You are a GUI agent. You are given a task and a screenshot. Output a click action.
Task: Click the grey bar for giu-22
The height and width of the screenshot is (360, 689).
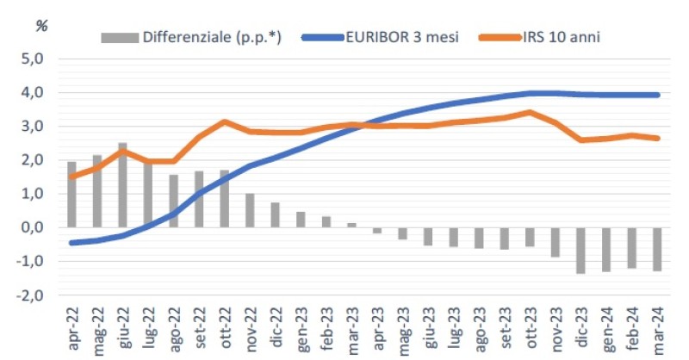[x=122, y=185]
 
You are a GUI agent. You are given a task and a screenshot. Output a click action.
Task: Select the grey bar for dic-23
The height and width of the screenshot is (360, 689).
[x=580, y=251]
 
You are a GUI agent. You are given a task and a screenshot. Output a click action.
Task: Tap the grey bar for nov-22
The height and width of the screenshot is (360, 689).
[x=250, y=211]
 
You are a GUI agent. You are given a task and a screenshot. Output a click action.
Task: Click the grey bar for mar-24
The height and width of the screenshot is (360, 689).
[x=656, y=250]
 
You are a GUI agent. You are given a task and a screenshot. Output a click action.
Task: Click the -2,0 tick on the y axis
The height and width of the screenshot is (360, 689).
[x=29, y=295]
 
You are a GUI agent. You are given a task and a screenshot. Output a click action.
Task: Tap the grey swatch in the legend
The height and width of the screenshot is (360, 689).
[x=120, y=38]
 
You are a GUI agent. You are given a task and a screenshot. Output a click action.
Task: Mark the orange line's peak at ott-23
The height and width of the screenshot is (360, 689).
[x=529, y=112]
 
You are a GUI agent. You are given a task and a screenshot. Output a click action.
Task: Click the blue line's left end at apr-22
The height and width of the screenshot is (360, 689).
[x=71, y=243]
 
